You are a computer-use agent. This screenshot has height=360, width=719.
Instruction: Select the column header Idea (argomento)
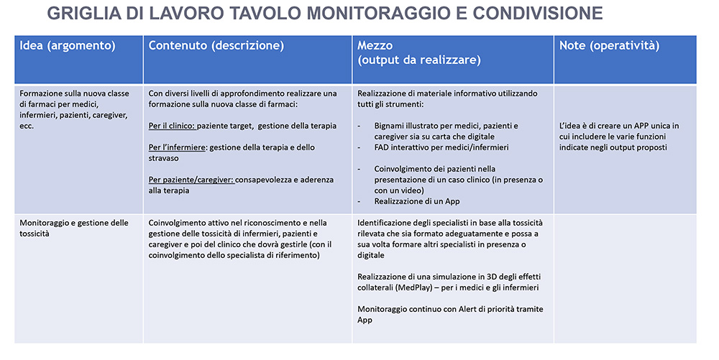click(68, 45)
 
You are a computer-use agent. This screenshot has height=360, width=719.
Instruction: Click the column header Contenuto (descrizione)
click(216, 45)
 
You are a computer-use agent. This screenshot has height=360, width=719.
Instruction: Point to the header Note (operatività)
click(609, 45)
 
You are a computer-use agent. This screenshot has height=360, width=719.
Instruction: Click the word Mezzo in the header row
click(375, 45)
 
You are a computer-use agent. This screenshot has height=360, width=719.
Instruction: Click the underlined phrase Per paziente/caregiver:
click(191, 180)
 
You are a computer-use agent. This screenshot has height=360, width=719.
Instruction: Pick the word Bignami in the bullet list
click(392, 126)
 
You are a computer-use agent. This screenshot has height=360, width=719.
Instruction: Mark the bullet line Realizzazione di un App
click(417, 201)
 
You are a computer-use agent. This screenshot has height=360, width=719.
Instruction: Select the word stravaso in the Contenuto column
click(166, 158)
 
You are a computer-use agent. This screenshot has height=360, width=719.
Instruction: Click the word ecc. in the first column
click(27, 126)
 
